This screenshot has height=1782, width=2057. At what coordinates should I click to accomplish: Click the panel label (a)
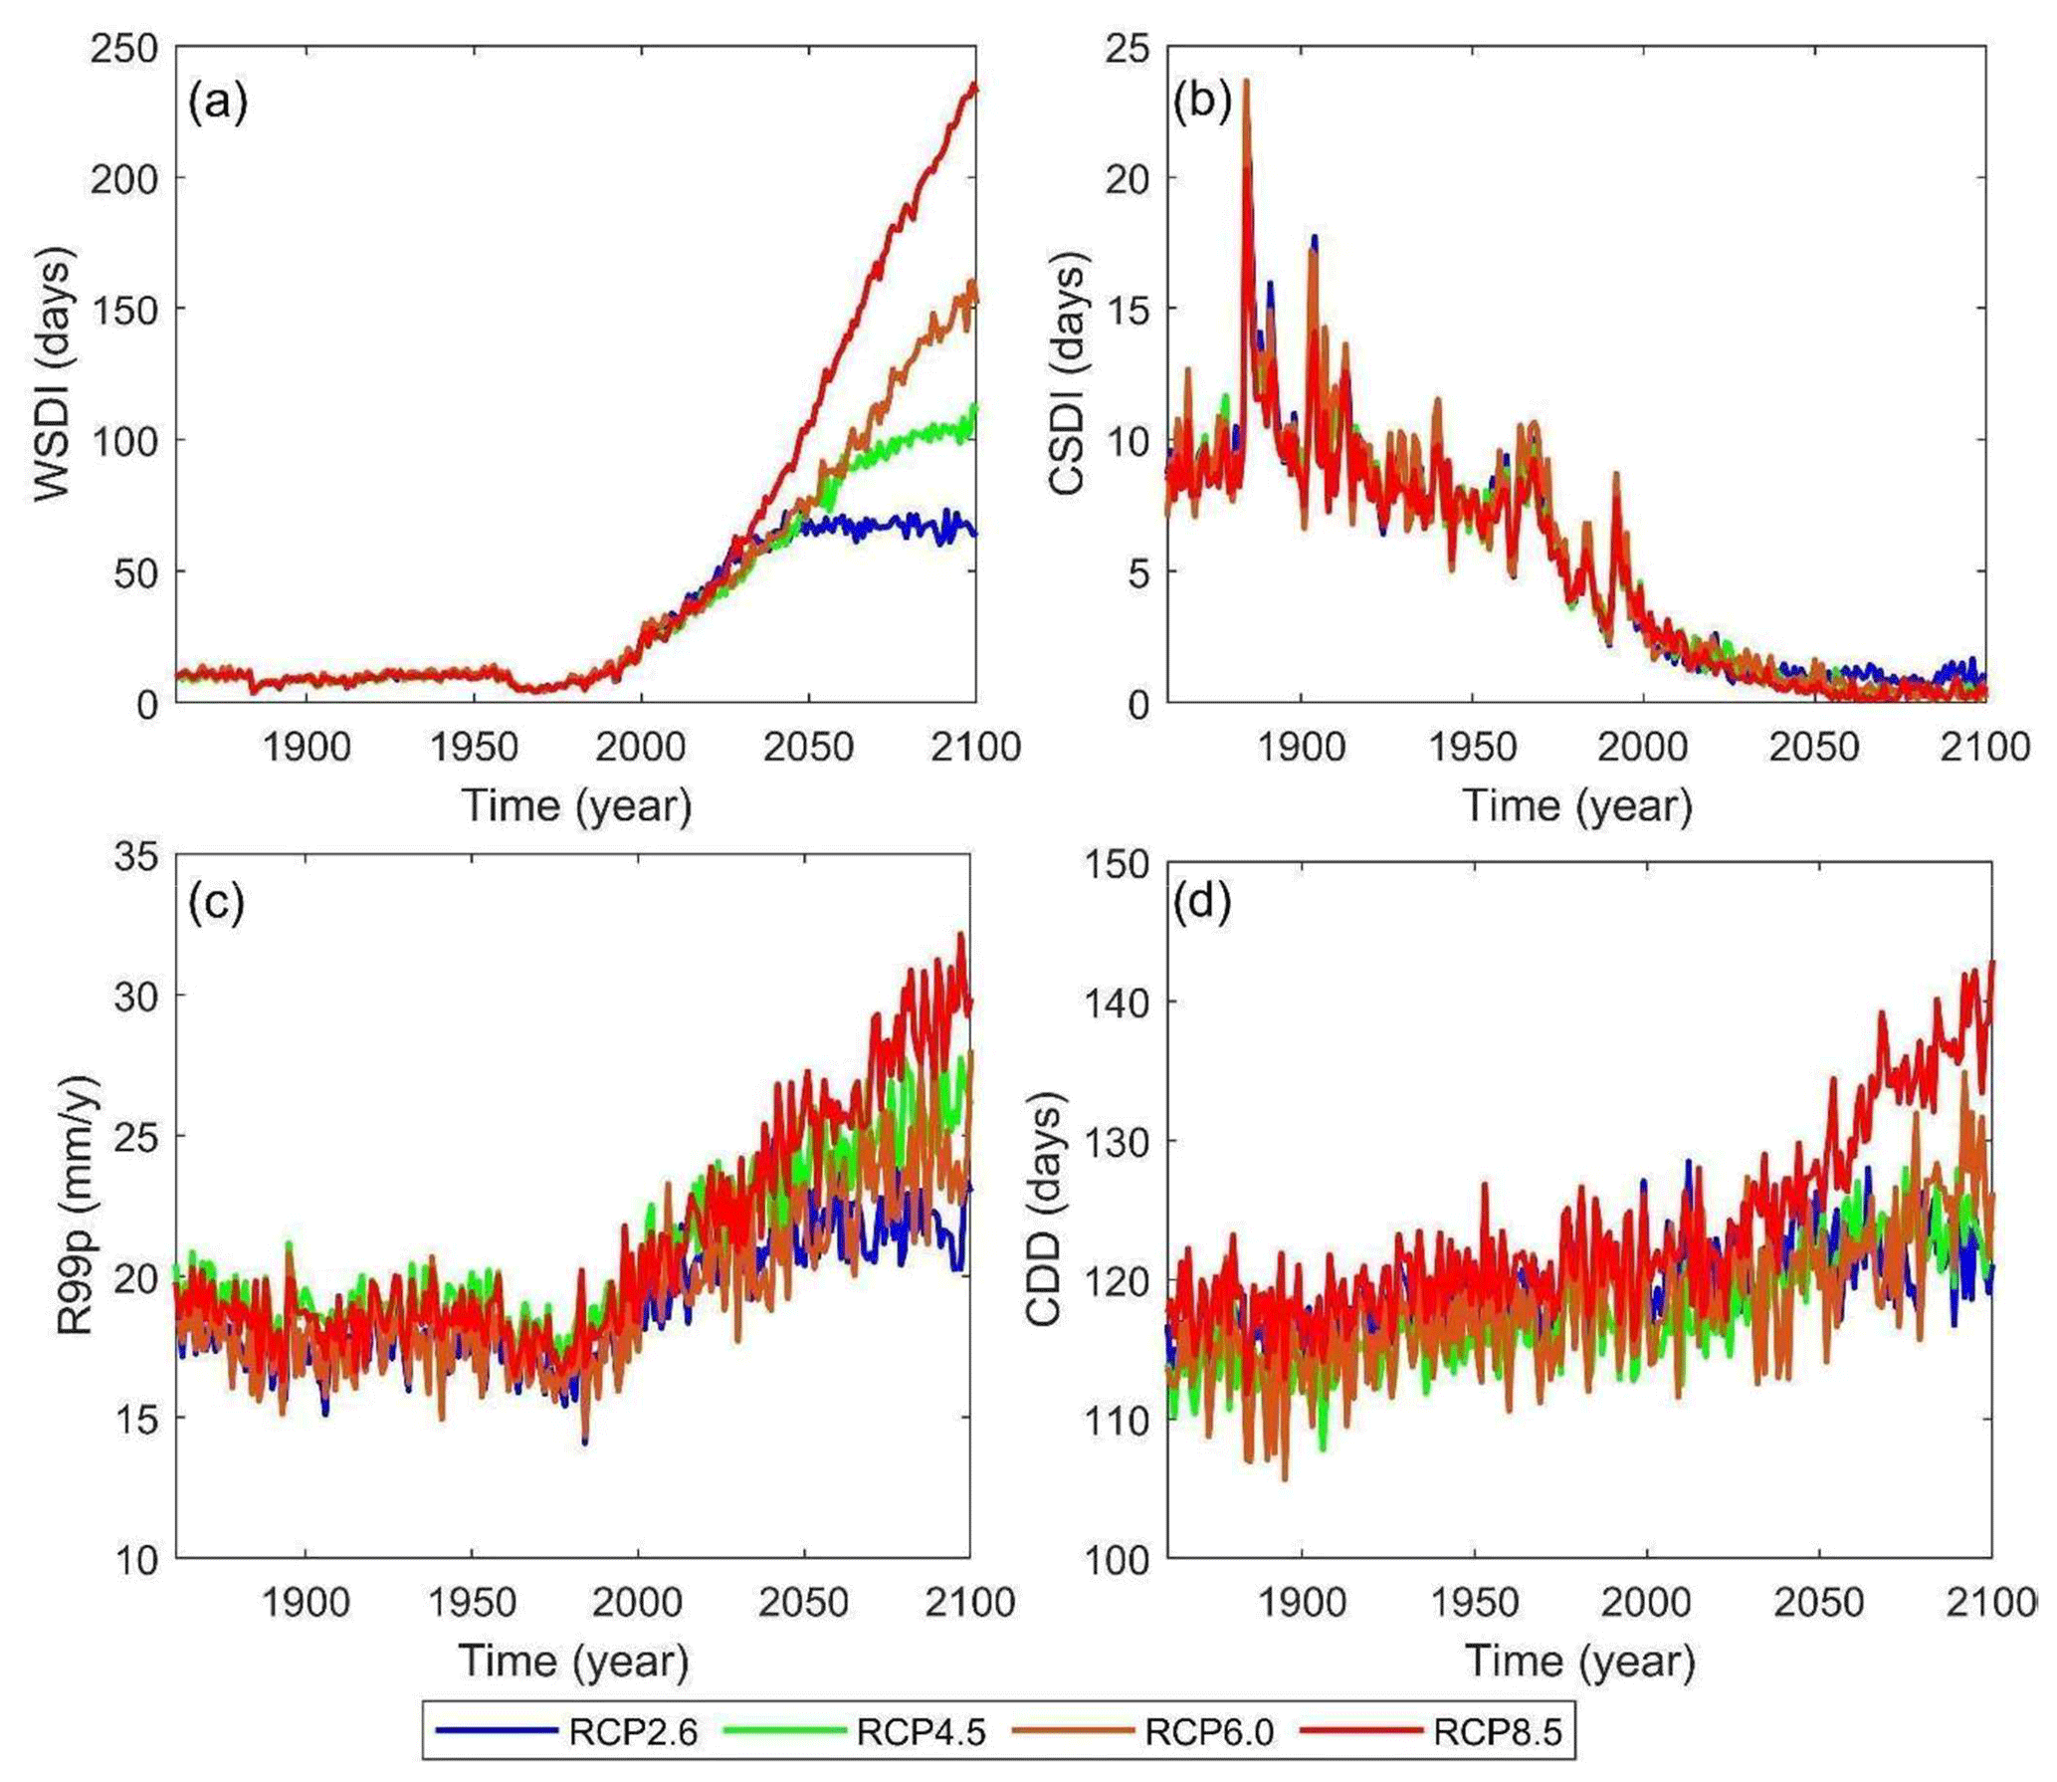click(217, 102)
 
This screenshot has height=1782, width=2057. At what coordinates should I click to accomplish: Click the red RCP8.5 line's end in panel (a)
click(975, 88)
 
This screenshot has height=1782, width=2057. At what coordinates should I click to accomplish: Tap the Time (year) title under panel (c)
click(573, 1661)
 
